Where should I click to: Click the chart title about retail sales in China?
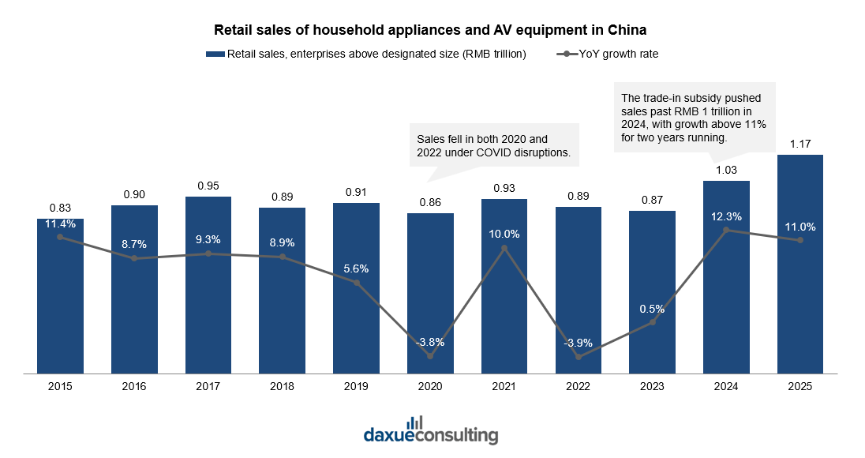tap(430, 29)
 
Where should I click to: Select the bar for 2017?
tap(208, 285)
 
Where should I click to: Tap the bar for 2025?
tap(800, 265)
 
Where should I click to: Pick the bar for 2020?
tap(430, 294)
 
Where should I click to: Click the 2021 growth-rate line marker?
tap(504, 248)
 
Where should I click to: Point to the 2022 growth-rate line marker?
tap(579, 357)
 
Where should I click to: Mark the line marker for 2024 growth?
tap(726, 230)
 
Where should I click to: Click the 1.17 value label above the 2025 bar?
tap(800, 144)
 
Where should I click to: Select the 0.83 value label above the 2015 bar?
tap(60, 208)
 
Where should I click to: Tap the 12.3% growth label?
tap(726, 217)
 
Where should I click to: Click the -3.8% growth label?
tap(430, 342)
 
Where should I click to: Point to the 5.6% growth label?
tap(357, 268)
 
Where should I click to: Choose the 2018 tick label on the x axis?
tap(282, 387)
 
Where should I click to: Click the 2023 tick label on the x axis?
tap(652, 387)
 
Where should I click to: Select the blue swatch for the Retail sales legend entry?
tap(215, 54)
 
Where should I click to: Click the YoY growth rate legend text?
tap(619, 54)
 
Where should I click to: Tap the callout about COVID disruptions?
tap(494, 145)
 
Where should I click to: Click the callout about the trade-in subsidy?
tap(695, 118)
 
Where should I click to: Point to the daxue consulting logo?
tap(431, 430)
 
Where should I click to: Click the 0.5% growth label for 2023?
tap(652, 309)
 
